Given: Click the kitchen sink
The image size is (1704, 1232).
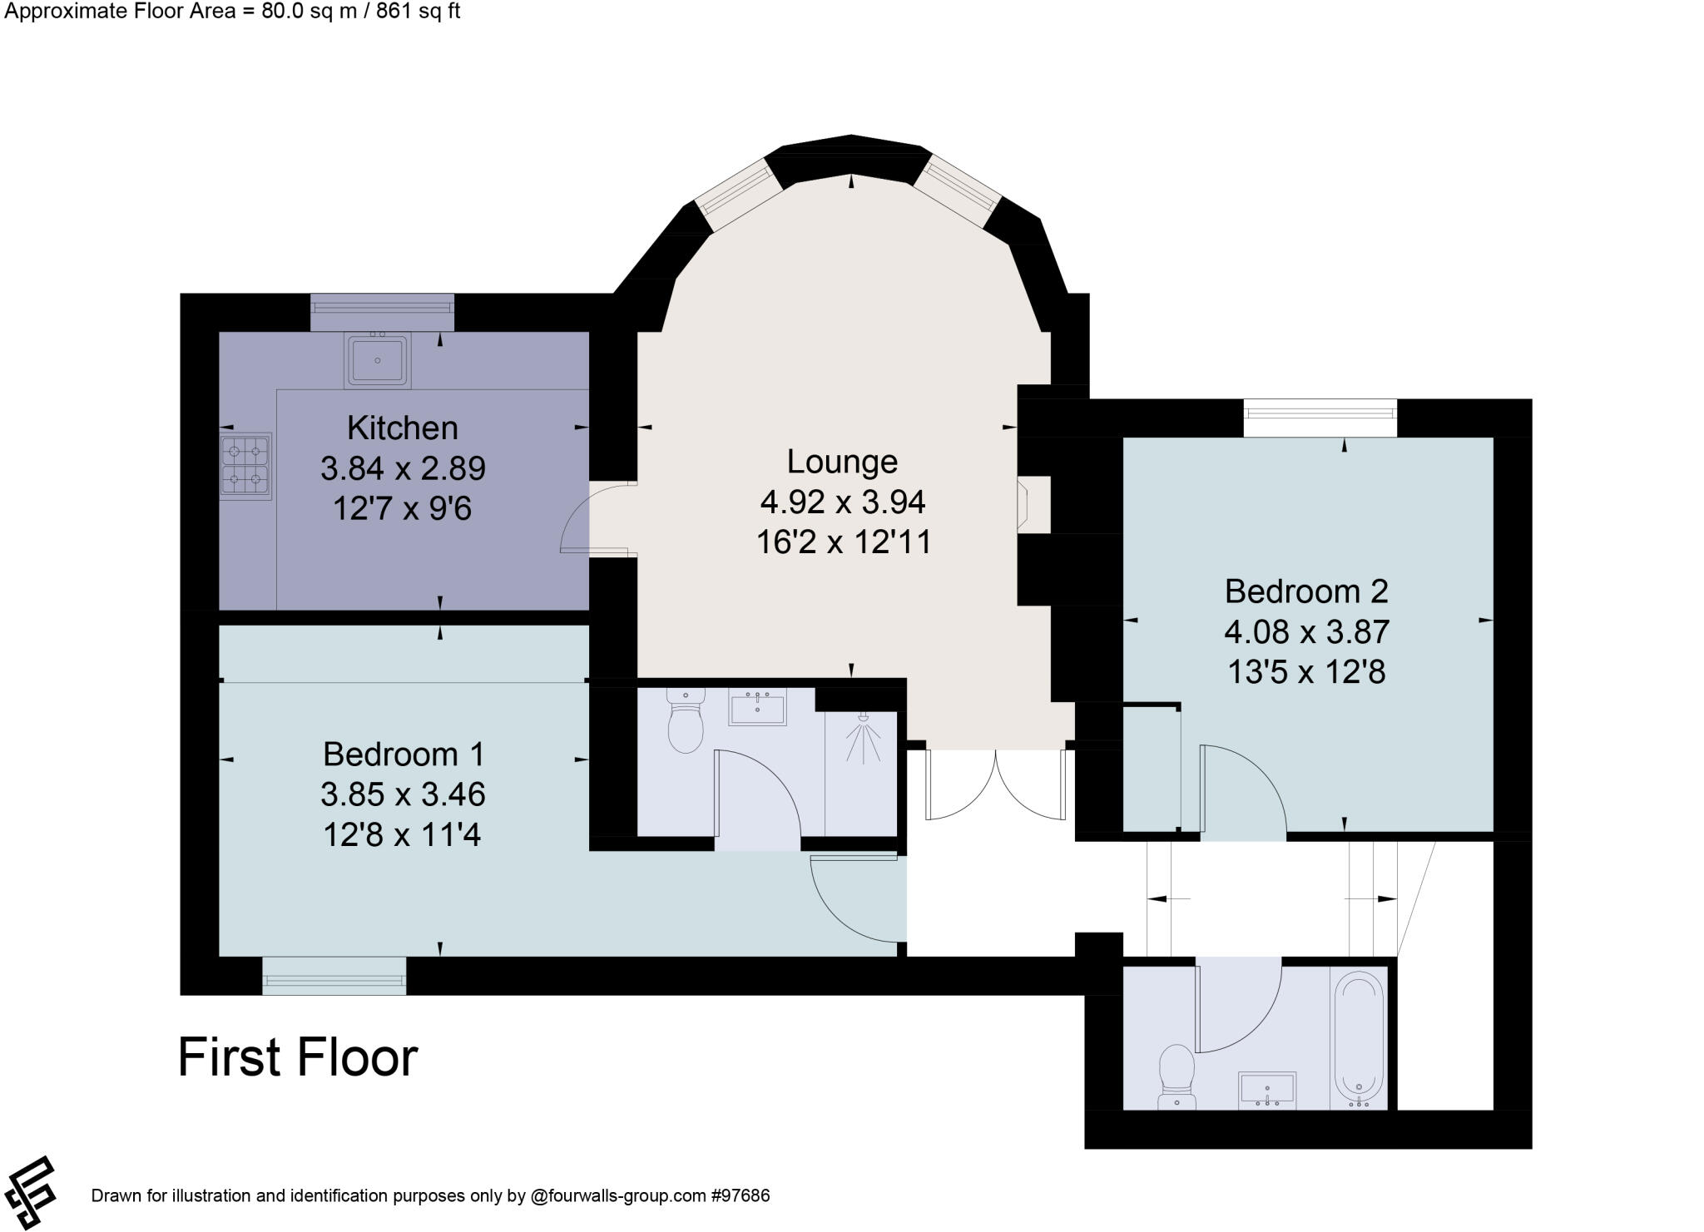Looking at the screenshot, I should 378,360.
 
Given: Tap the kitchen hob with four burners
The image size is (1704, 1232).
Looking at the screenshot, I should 246,466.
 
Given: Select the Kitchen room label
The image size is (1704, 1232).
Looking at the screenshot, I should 403,428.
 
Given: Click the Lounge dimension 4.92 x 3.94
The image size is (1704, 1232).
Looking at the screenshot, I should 842,502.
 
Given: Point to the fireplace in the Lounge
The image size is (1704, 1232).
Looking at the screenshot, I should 1024,503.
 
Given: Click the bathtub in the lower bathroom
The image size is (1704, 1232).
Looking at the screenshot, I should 1360,1040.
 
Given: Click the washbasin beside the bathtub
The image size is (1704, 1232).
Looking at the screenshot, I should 1266,1090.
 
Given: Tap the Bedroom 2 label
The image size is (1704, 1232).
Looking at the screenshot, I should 1306,591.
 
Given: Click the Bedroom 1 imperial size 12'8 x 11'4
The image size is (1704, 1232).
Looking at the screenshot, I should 403,834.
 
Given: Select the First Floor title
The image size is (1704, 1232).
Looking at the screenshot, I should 298,1057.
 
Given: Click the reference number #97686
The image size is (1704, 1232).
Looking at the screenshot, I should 740,1196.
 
